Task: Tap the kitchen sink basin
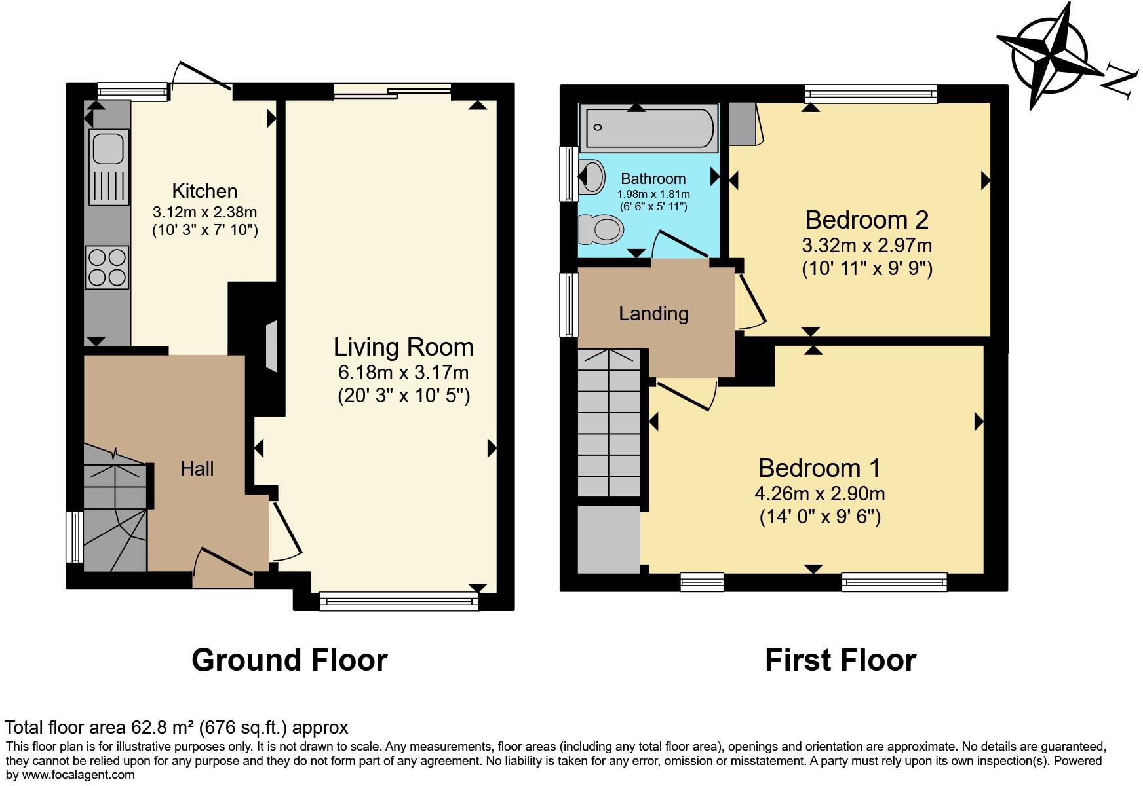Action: click(x=107, y=148)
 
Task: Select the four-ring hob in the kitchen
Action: click(x=107, y=267)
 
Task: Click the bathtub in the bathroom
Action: click(x=649, y=128)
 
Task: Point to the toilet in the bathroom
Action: click(x=602, y=230)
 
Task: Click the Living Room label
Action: click(x=403, y=347)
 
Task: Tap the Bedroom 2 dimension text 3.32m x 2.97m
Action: click(x=866, y=246)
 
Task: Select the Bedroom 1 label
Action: click(x=819, y=468)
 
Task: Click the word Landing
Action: click(x=653, y=314)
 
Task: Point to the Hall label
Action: click(x=197, y=469)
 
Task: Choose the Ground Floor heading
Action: click(x=289, y=660)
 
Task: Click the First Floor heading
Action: click(x=840, y=660)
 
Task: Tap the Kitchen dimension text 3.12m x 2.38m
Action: click(x=204, y=212)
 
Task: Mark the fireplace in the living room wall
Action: click(x=271, y=345)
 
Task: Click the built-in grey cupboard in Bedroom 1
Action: click(x=608, y=539)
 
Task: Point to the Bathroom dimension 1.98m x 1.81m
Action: click(x=653, y=194)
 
